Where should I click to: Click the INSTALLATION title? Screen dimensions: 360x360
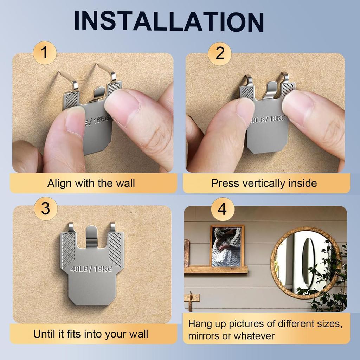(x=169, y=21)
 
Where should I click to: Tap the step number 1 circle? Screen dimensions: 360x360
(x=45, y=53)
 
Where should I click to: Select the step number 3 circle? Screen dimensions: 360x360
(x=45, y=209)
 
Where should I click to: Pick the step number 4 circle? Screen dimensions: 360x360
(x=222, y=210)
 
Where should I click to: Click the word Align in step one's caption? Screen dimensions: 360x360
(x=58, y=183)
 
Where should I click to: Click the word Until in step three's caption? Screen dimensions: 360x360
(x=44, y=334)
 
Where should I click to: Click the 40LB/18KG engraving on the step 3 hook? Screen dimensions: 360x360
(x=92, y=270)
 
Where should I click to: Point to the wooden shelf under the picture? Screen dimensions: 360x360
(x=216, y=270)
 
